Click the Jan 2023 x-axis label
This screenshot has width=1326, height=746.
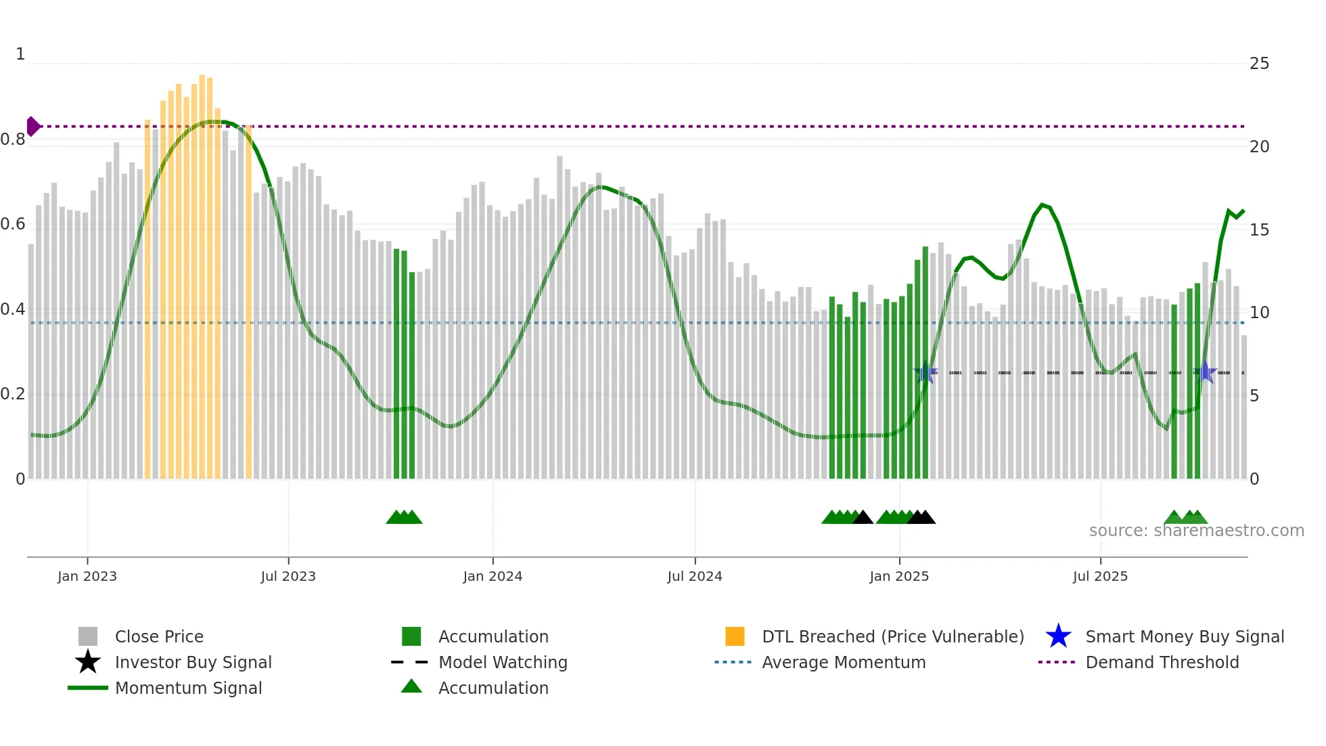tap(87, 576)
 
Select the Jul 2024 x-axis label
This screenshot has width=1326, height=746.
tap(695, 576)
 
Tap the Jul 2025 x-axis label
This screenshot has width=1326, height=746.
tap(1100, 576)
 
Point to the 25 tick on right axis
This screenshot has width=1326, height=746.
tap(1259, 64)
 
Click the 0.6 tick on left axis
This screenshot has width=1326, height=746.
tap(14, 224)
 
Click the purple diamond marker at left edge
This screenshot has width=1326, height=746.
tap(32, 127)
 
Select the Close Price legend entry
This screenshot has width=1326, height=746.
tap(159, 636)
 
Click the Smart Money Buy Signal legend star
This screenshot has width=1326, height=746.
tap(1058, 636)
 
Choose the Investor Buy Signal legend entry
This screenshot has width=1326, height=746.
tap(193, 662)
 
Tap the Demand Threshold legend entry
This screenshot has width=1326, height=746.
tap(1162, 662)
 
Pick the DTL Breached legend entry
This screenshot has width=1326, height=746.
tap(892, 636)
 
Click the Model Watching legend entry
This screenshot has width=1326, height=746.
tap(503, 662)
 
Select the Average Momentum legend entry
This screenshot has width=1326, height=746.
tap(843, 662)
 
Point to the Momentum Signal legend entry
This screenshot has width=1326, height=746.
tap(188, 688)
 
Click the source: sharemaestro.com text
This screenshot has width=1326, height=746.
tap(1196, 531)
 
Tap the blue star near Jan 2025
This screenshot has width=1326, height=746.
tap(925, 372)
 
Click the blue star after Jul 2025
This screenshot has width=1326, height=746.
tap(1205, 372)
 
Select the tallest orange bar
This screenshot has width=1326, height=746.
tap(202, 271)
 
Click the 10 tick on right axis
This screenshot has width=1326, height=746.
tap(1259, 313)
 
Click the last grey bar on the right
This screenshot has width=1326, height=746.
tap(1243, 406)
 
